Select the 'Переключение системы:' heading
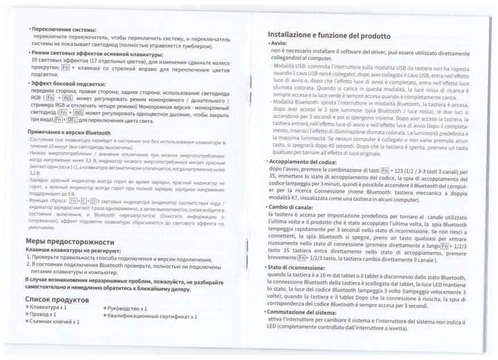[x=64, y=29]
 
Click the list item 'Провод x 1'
[x=43, y=314]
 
